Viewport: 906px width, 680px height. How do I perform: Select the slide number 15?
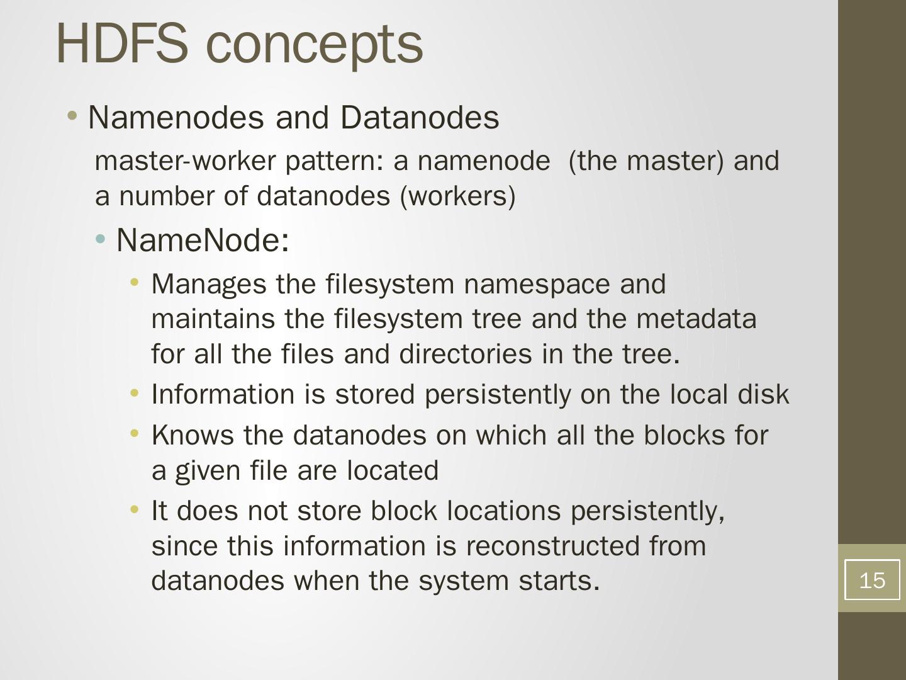871,580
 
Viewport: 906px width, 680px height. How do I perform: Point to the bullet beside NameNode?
101,239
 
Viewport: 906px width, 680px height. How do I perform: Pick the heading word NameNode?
203,240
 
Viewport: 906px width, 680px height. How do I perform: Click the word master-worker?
185,161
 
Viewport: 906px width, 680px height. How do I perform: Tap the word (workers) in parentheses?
457,196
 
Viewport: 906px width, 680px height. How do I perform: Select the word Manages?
209,285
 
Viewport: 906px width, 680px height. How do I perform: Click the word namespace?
537,285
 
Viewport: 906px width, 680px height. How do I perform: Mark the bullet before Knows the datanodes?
134,434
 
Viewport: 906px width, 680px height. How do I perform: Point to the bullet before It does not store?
134,509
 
